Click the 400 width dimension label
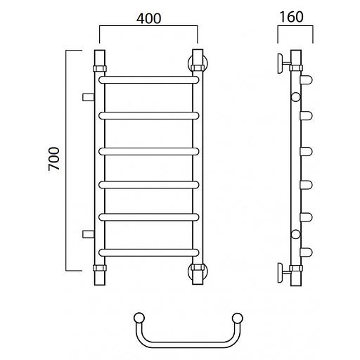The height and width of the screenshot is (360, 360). [x=149, y=19]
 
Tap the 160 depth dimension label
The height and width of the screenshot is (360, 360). [x=292, y=17]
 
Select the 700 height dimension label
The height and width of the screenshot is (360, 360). [x=54, y=159]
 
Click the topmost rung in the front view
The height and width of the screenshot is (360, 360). [x=149, y=80]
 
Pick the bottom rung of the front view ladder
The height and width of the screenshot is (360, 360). [x=149, y=252]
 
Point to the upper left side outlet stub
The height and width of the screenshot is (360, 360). [x=89, y=97]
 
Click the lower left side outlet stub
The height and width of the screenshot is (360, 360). [x=89, y=234]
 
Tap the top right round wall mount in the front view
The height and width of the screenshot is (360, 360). [x=198, y=64]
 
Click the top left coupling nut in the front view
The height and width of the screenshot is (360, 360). [x=100, y=69]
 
